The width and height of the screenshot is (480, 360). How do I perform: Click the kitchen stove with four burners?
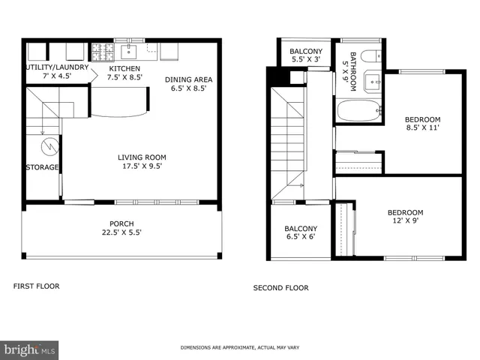tap(101, 52)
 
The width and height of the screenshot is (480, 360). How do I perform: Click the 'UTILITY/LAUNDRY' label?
tap(58, 67)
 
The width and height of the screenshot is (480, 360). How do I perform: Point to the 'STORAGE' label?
tap(42, 167)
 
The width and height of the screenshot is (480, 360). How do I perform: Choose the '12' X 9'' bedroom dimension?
tap(405, 221)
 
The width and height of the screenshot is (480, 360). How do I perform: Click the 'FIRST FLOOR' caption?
tap(37, 286)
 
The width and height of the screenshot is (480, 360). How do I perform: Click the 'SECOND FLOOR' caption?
tap(280, 287)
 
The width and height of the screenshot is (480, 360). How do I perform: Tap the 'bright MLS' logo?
tap(29, 349)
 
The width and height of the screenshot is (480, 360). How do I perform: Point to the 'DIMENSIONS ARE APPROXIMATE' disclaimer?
tap(239, 348)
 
